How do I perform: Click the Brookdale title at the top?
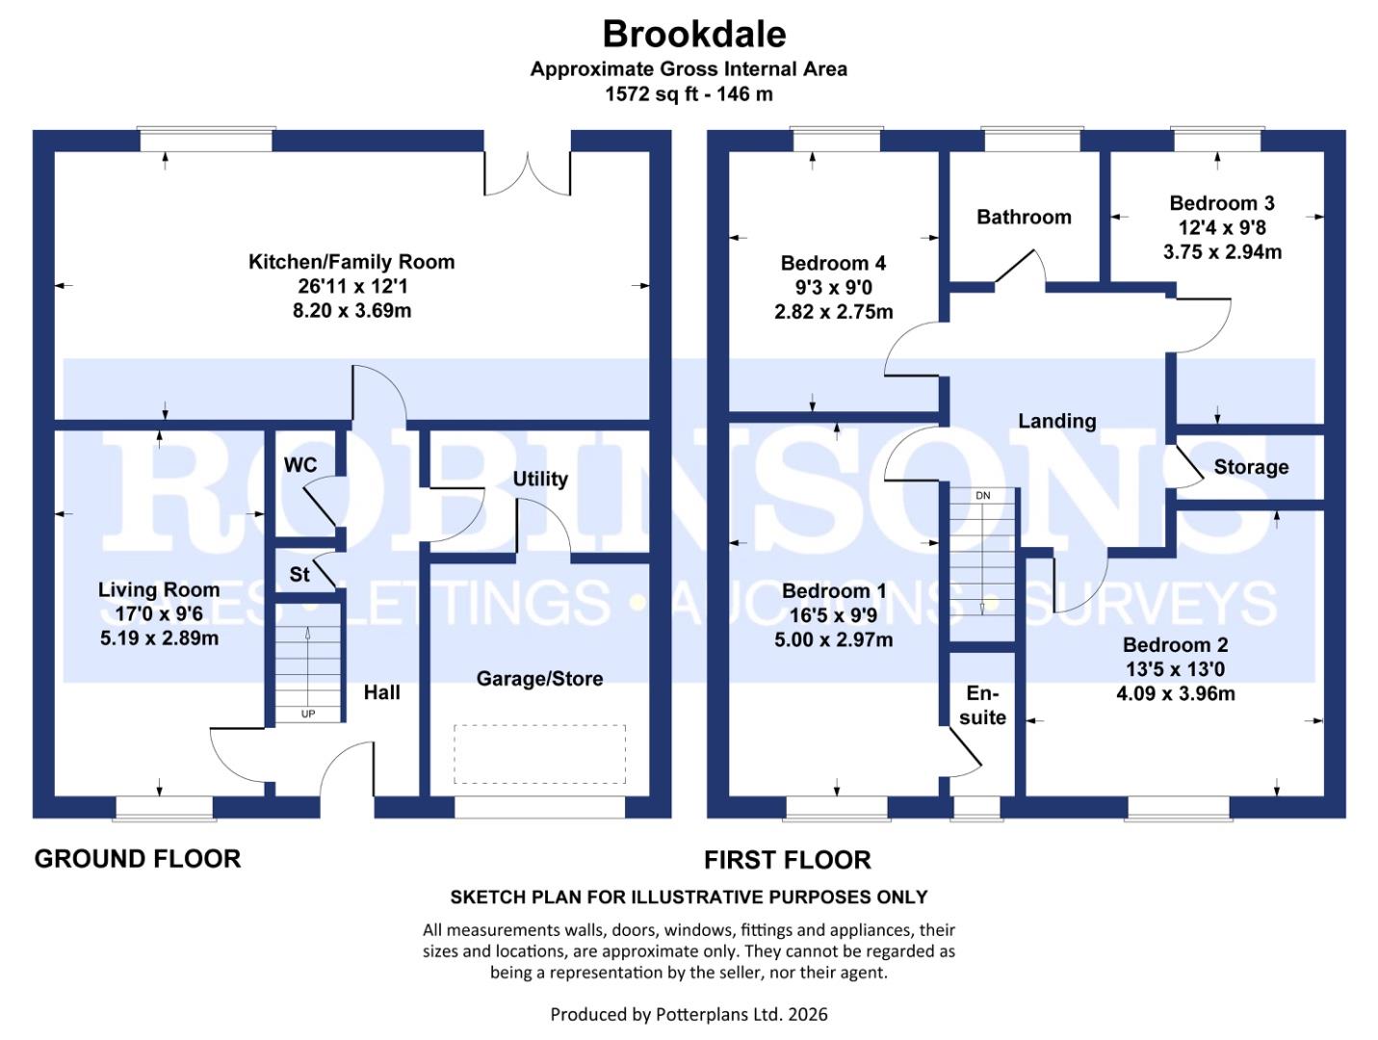click(693, 34)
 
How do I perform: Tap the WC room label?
click(300, 465)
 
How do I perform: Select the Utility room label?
click(539, 479)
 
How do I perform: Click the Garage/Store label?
click(539, 679)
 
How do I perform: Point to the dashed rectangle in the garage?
click(539, 754)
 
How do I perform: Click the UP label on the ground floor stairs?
click(308, 714)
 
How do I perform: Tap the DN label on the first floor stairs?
click(982, 495)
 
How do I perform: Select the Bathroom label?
click(1024, 217)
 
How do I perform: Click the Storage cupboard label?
click(1250, 467)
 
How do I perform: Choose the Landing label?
click(1056, 421)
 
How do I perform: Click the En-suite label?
click(982, 706)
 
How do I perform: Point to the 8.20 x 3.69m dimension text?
click(351, 311)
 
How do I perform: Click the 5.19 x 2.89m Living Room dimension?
click(159, 637)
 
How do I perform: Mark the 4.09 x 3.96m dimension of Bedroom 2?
click(1175, 693)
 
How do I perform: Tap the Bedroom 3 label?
click(1221, 203)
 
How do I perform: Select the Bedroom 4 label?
click(833, 263)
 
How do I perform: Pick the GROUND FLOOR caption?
click(138, 858)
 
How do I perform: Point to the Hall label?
click(381, 692)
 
